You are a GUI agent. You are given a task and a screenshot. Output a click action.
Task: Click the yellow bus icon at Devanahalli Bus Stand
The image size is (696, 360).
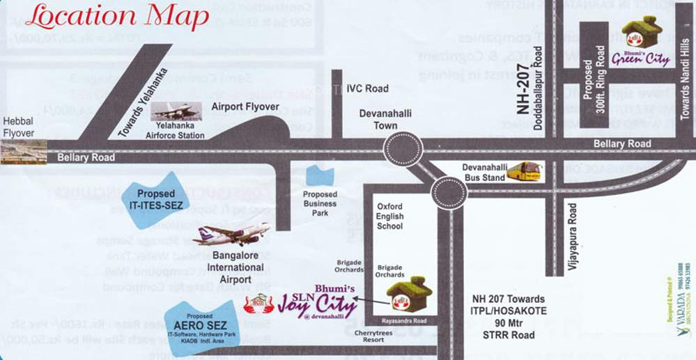(523, 171)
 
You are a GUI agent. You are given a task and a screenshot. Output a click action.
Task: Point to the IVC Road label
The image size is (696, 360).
(367, 88)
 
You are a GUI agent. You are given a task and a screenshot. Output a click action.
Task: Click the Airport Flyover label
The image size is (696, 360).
(245, 107)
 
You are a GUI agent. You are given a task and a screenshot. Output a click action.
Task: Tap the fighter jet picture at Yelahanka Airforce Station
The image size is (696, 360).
(176, 111)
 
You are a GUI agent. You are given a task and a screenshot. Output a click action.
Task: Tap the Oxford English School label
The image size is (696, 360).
(389, 216)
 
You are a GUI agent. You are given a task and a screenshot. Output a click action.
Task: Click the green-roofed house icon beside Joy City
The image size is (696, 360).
(410, 295)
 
